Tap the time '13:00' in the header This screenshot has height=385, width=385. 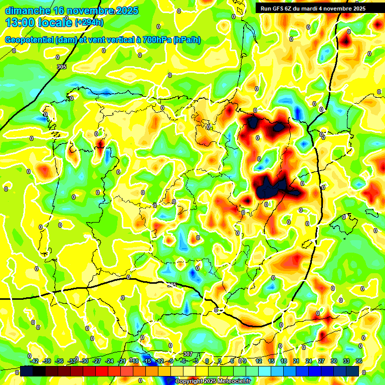coord(20,23)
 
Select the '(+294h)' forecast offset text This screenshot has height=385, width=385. coord(90,22)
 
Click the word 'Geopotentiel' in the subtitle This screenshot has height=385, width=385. coord(30,40)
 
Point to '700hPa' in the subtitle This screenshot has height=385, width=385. coord(156,40)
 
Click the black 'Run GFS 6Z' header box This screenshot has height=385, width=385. coord(313,8)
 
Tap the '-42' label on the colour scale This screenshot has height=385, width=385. coord(35,361)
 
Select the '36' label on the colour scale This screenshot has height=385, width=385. coord(359,361)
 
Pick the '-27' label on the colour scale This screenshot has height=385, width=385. coord(97,361)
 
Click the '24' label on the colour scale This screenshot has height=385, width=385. coord(309,361)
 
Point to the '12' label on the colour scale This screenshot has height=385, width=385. coord(259,361)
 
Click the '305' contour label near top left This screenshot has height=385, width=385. coord(62,67)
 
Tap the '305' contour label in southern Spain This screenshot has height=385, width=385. coord(172,285)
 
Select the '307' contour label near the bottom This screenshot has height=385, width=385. coord(188,354)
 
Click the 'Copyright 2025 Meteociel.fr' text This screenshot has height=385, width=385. coord(213,381)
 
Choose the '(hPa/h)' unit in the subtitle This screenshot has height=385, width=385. coord(187,40)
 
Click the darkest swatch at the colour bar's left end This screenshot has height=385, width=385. coord(27,371)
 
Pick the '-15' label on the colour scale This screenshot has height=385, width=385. coord(147,361)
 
